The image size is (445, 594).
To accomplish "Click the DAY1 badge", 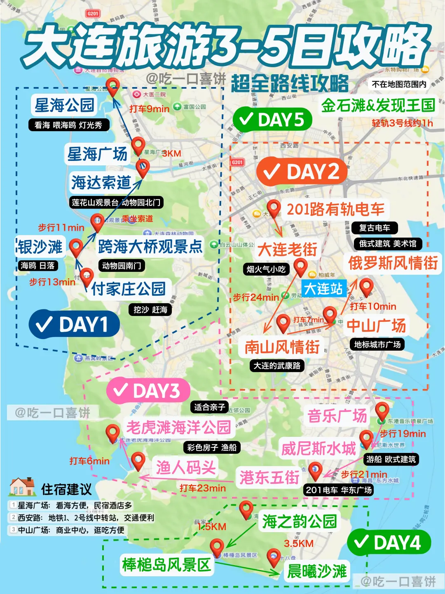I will (74, 325).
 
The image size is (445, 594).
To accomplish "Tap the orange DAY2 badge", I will (302, 172).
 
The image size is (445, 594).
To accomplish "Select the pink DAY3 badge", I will (148, 391).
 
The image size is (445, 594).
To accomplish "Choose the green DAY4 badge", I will (389, 542).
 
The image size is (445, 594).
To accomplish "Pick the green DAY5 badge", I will (272, 120).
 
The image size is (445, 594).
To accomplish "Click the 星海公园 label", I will (64, 105).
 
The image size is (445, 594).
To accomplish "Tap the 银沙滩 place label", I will (40, 247).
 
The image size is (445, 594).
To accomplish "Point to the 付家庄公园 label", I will (128, 289).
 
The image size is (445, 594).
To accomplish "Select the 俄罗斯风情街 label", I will (393, 263).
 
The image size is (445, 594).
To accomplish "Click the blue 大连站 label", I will (323, 288).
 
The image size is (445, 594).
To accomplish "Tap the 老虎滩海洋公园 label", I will (178, 427).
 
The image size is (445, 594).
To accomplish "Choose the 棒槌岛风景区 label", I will (166, 565).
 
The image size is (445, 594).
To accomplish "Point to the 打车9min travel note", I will (149, 109).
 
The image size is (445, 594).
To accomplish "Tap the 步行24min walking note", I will (256, 297).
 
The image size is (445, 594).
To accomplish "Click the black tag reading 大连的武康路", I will (277, 365).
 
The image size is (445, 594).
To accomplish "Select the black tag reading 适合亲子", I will (209, 407).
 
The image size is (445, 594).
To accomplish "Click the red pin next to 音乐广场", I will (382, 411).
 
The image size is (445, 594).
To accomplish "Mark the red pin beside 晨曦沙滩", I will (274, 557).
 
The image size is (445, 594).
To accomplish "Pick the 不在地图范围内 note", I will (399, 84).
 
